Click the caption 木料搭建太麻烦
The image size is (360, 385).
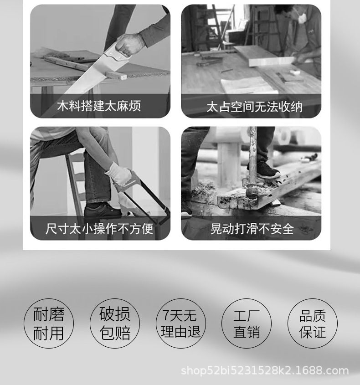pos(99,106)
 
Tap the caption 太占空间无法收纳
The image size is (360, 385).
pos(254,107)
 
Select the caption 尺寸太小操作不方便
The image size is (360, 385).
pos(99,228)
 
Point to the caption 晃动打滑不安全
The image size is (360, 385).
pos(252,228)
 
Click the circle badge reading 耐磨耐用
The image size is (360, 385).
pos(49,323)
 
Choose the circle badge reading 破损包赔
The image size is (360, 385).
pos(114,323)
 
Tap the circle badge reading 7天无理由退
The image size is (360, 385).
pos(180,323)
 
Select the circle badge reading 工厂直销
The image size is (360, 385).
pos(247,323)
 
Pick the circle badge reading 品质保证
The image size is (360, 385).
pos(313,323)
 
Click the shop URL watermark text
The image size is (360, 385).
pos(265,370)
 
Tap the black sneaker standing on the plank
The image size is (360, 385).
pos(264,171)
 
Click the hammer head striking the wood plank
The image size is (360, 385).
pos(251,190)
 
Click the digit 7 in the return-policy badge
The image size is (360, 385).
pos(166,315)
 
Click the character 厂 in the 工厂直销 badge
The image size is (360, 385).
pos(253,316)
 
